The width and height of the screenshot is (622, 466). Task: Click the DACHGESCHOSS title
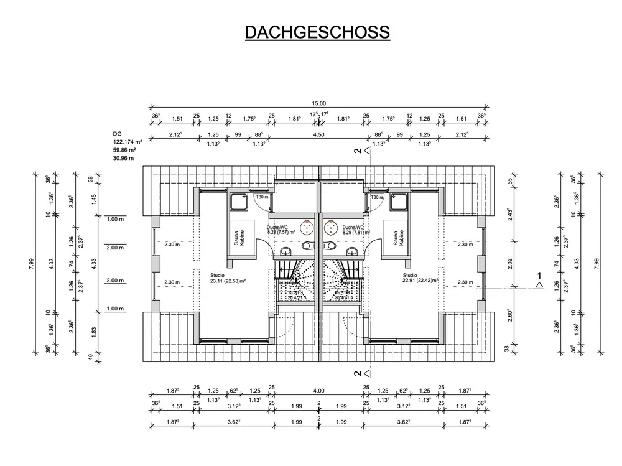(317, 32)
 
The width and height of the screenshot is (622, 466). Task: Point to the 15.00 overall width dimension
(318, 103)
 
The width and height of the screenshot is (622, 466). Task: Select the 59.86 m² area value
(124, 150)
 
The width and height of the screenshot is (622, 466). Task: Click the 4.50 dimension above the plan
(318, 134)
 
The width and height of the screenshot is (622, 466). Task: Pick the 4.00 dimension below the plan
(318, 391)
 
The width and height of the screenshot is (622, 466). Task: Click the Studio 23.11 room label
(228, 277)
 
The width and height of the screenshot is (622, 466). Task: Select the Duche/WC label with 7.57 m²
(281, 230)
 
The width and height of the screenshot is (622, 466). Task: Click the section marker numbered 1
(539, 279)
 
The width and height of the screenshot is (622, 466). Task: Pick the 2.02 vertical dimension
(510, 264)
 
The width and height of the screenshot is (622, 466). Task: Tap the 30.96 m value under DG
(123, 158)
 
